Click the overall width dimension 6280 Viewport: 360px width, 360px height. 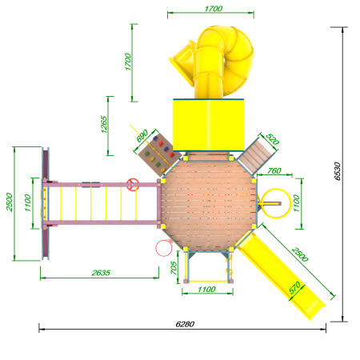pyautogui.click(x=185, y=324)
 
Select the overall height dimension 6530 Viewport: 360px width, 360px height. pyautogui.click(x=338, y=171)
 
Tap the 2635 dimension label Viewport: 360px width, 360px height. pyautogui.click(x=101, y=273)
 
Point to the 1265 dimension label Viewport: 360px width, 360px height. pyautogui.click(x=104, y=124)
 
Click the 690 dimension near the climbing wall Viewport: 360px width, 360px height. pyautogui.click(x=142, y=136)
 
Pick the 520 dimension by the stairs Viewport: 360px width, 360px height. pyautogui.click(x=272, y=139)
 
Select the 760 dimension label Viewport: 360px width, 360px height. pyautogui.click(x=274, y=170)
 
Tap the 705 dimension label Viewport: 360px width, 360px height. pyautogui.click(x=174, y=268)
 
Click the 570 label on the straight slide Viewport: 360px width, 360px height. pyautogui.click(x=294, y=288)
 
